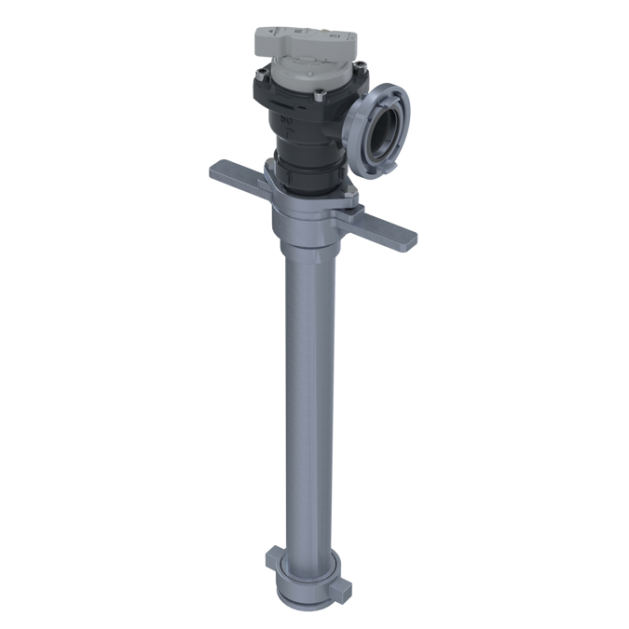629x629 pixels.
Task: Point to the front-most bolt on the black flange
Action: coord(319,92)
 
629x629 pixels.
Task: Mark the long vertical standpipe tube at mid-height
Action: coord(307,391)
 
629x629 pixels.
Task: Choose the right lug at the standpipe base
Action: coord(346,588)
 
